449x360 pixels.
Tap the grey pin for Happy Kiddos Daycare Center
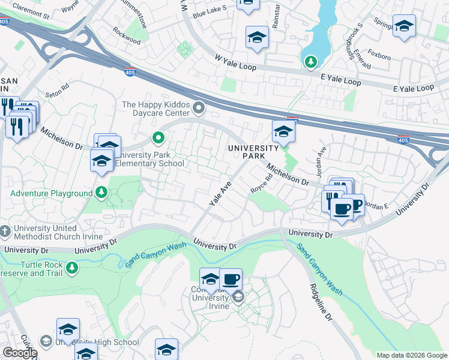click(199, 109)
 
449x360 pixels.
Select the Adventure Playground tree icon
click(102, 193)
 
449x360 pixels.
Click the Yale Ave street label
click(220, 196)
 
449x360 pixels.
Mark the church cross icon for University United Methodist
click(5, 231)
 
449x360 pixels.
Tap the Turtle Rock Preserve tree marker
click(72, 266)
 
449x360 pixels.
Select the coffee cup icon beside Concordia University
click(231, 279)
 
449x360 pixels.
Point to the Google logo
click(20, 353)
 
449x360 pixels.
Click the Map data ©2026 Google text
click(411, 355)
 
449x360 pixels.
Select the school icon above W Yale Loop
click(257, 38)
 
